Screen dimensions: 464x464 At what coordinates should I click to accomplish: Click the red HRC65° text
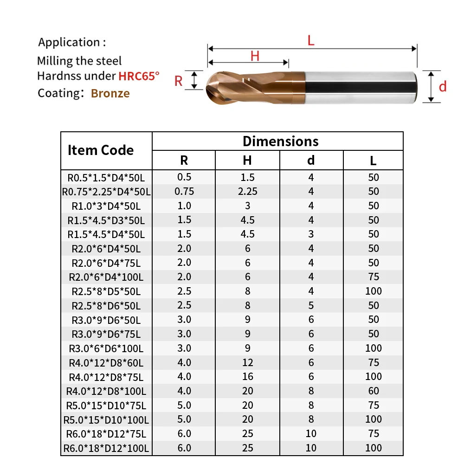(x=139, y=76)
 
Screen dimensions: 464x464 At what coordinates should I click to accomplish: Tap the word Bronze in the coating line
(x=110, y=93)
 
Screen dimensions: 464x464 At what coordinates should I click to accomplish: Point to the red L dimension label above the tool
(x=311, y=40)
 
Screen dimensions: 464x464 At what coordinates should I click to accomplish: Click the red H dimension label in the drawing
(x=255, y=56)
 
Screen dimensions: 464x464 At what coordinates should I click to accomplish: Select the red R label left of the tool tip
(x=179, y=81)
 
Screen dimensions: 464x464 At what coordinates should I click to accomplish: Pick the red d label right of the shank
(x=443, y=86)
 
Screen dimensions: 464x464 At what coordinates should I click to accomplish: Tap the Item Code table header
(x=100, y=150)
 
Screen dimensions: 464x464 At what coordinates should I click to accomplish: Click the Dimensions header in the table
(x=280, y=141)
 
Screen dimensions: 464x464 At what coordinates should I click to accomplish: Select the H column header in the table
(x=247, y=161)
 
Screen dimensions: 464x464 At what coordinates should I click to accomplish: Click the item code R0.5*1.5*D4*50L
(x=106, y=177)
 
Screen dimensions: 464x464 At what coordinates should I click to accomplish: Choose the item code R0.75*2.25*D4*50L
(x=106, y=192)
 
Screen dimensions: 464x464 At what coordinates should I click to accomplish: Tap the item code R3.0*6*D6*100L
(x=106, y=348)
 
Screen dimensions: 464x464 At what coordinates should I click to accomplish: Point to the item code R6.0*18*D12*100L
(x=106, y=448)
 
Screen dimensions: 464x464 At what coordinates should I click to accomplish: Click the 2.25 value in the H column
(x=247, y=192)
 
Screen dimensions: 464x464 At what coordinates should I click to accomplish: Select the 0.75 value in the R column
(x=184, y=192)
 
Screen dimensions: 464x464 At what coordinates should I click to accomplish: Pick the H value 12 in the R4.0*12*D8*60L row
(x=247, y=362)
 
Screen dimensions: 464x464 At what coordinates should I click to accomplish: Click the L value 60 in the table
(x=374, y=391)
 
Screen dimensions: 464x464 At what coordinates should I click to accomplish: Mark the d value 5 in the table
(x=311, y=305)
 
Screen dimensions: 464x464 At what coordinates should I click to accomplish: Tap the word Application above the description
(x=69, y=43)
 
